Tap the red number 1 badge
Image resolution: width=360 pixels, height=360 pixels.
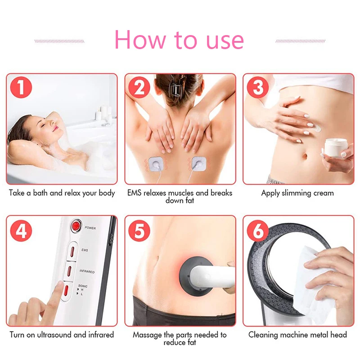click(x=21, y=88)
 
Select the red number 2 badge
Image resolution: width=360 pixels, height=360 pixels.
click(x=139, y=88)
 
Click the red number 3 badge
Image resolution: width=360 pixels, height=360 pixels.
click(x=258, y=88)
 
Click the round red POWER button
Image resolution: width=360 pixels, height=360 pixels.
click(x=76, y=227)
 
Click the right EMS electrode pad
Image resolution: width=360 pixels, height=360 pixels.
click(x=199, y=163)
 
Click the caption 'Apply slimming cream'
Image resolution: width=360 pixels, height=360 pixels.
click(x=297, y=193)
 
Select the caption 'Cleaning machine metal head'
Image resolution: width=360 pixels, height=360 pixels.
click(x=297, y=335)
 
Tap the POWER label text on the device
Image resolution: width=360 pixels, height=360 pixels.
click(x=90, y=228)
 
